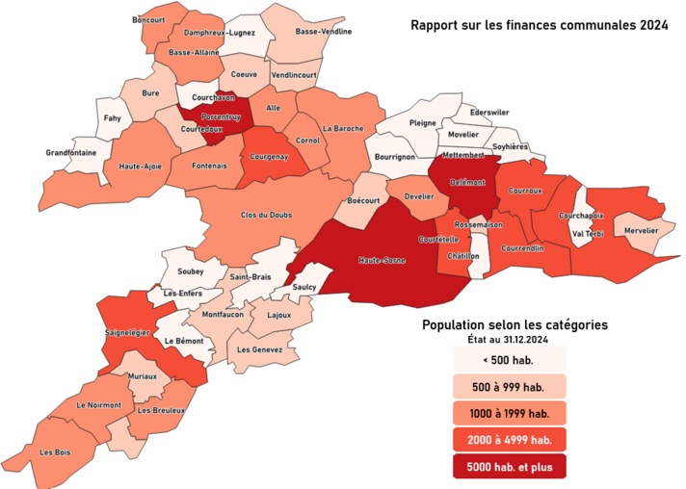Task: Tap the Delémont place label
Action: [x=466, y=181]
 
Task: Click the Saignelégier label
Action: [x=126, y=332]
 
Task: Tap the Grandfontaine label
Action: [x=70, y=152]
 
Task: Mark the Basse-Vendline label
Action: [x=323, y=31]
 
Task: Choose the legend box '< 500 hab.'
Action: [x=510, y=361]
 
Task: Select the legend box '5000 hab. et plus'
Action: [x=510, y=466]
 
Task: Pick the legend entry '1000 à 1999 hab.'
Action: [x=510, y=414]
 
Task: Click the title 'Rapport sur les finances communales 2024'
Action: [x=539, y=26]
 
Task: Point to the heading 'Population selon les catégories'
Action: [x=514, y=324]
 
